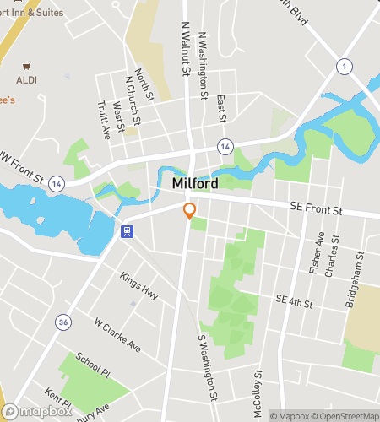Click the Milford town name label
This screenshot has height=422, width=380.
pyautogui.click(x=195, y=184)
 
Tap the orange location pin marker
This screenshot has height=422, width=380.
pyautogui.click(x=190, y=211)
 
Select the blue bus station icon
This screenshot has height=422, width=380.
pyautogui.click(x=127, y=232)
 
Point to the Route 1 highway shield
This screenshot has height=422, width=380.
pyautogui.click(x=345, y=66)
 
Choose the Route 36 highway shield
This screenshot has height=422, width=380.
pyautogui.click(x=62, y=322)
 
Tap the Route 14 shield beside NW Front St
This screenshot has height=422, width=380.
pyautogui.click(x=56, y=182)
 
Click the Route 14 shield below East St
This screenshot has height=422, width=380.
pyautogui.click(x=224, y=145)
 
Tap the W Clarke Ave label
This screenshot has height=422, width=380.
pyautogui.click(x=117, y=336)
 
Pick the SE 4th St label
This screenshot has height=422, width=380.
pyautogui.click(x=294, y=301)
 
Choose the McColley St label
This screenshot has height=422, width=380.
pyautogui.click(x=259, y=386)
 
